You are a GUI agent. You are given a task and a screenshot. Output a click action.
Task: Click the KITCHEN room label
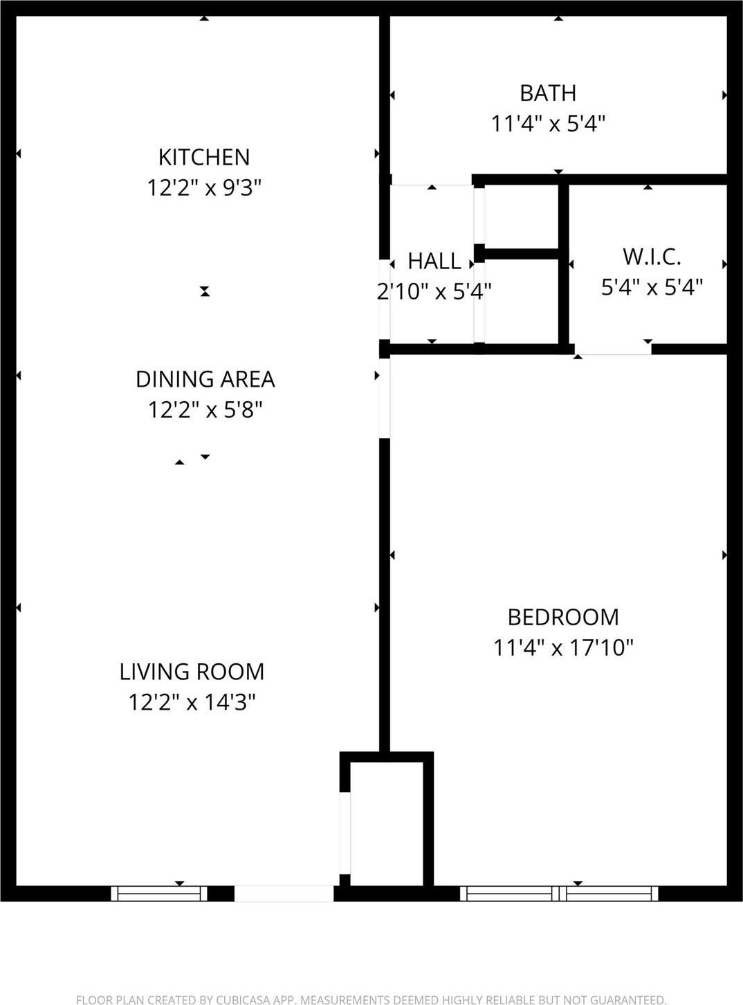coord(204,157)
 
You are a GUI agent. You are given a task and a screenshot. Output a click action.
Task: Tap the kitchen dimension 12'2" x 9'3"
coord(204,187)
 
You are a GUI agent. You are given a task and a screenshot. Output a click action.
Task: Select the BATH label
coord(548,93)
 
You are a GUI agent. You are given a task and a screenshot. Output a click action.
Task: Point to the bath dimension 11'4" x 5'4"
coord(548,124)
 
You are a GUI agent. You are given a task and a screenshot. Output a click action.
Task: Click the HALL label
coord(434,261)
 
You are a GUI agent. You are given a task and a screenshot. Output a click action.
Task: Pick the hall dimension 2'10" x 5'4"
coord(434,291)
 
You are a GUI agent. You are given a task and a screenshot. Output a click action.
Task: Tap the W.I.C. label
coord(652,257)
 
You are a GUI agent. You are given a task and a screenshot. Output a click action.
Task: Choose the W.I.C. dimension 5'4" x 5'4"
coord(652,286)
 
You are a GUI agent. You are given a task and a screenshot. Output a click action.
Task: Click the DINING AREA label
coord(205,379)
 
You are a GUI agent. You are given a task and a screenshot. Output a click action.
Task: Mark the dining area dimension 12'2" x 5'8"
coord(205,410)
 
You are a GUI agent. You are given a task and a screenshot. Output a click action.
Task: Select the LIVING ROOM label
coord(192,672)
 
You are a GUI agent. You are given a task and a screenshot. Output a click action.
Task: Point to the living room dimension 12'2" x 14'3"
coord(192,703)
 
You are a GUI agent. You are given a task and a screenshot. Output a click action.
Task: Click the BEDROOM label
coord(563,617)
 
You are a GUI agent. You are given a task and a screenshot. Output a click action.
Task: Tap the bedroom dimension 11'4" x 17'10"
coord(563,648)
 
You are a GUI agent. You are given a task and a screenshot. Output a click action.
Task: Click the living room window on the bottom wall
coord(159,893)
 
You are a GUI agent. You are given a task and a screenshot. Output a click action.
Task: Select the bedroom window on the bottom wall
coord(559,893)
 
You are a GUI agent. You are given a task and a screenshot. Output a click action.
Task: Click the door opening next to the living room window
coord(284,893)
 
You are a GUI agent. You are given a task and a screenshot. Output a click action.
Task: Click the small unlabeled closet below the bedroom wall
coord(386,823)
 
